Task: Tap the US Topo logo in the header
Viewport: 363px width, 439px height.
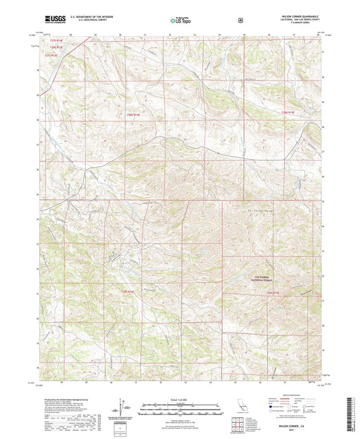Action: click(x=179, y=21)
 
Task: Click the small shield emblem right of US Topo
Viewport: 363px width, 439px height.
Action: click(x=239, y=20)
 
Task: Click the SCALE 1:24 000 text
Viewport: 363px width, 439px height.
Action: click(x=180, y=397)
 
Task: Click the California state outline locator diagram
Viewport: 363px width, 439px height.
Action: click(x=240, y=406)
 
